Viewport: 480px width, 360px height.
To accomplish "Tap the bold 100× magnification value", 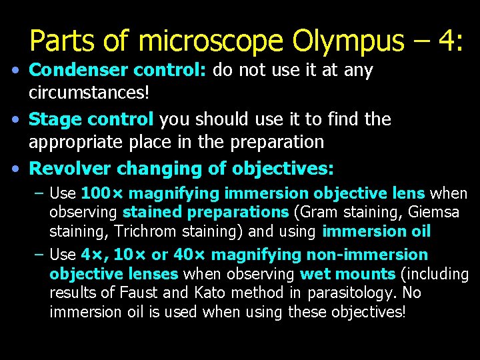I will pyautogui.click(x=102, y=194).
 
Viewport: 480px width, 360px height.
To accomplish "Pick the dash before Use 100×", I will pyautogui.click(x=39, y=194).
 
